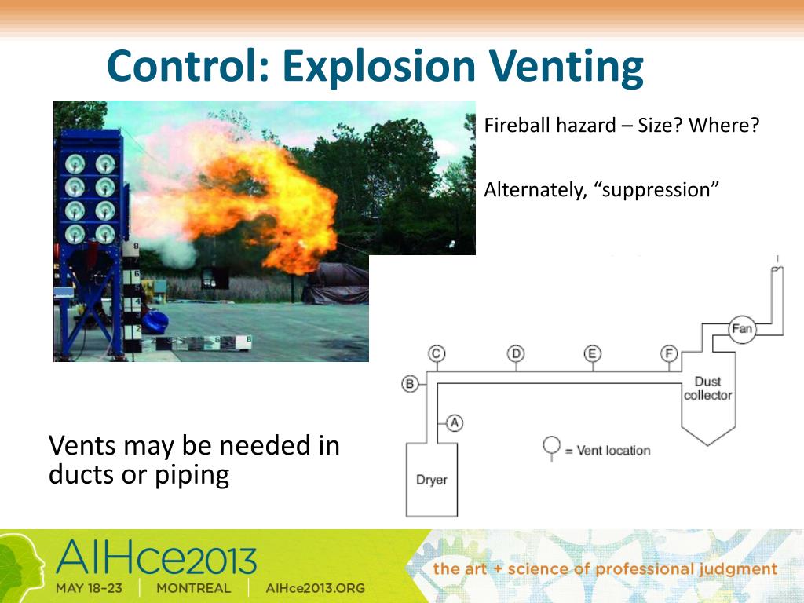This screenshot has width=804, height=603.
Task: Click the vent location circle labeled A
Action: click(455, 422)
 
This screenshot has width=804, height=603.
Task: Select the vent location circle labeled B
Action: click(410, 384)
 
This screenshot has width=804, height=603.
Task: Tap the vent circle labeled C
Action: click(437, 353)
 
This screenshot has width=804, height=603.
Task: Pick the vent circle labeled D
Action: click(516, 353)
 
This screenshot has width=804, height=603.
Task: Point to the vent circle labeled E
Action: click(593, 353)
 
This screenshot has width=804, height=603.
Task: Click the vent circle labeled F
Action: click(669, 353)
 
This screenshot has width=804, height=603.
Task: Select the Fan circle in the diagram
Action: click(741, 329)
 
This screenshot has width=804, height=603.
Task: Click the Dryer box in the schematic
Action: click(431, 479)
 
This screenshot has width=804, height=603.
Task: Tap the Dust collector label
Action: click(707, 388)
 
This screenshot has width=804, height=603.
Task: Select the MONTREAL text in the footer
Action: click(193, 588)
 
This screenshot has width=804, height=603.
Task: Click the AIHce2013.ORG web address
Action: click(316, 588)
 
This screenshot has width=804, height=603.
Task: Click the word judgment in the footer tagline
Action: click(736, 568)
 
